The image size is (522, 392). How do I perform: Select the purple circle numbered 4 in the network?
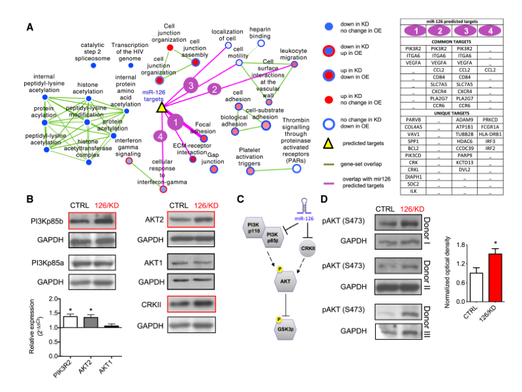[x=157, y=135]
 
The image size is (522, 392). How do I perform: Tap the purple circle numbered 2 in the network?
[x=213, y=89]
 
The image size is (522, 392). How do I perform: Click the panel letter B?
[x=31, y=199]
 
